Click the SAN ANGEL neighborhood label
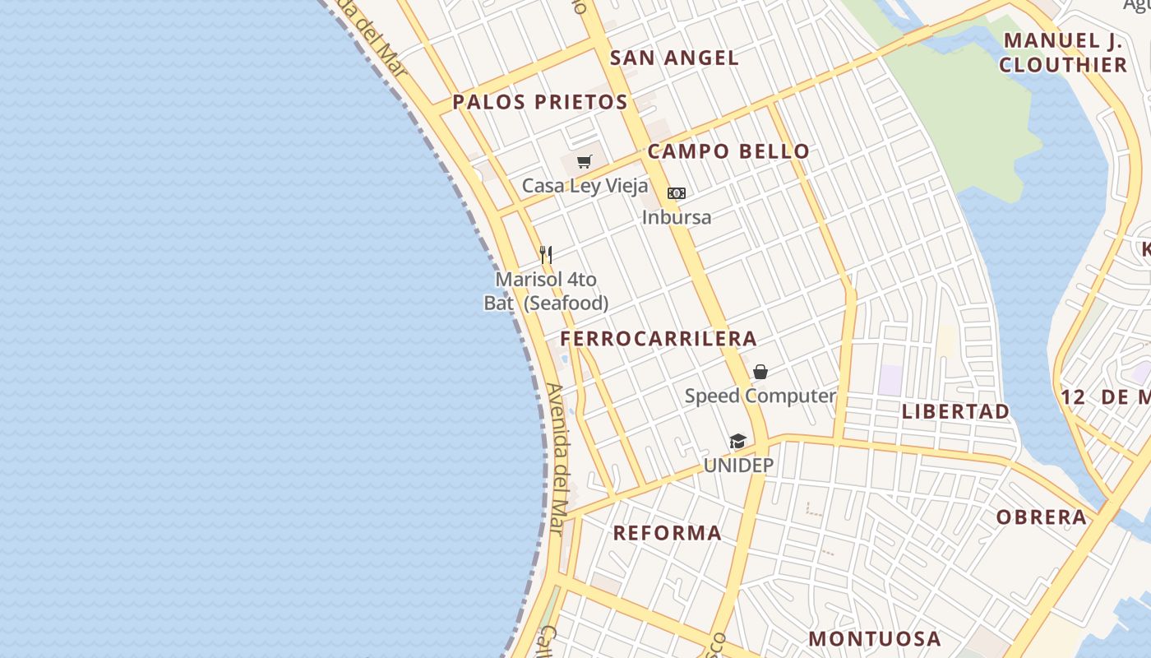[x=674, y=58]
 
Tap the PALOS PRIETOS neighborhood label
[x=540, y=102]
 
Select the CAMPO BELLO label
[x=728, y=151]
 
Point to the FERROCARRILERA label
[x=659, y=338]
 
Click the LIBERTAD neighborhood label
[x=955, y=411]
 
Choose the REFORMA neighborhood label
[x=668, y=533]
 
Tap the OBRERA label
[x=1042, y=517]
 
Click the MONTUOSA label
[x=875, y=638]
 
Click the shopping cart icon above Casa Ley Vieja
[x=584, y=161]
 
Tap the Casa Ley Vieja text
[x=585, y=186]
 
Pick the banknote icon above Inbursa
[x=676, y=193]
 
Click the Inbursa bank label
[x=676, y=218]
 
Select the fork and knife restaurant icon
[x=545, y=254]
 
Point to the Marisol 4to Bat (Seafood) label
[x=546, y=291]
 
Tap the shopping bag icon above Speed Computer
[x=760, y=372]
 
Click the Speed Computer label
[x=760, y=396]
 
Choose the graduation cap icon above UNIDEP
[x=737, y=442]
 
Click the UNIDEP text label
[x=738, y=466]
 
